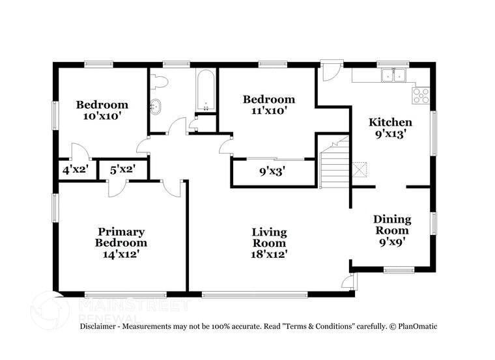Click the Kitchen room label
click(390, 122)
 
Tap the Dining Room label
click(391, 225)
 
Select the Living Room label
click(269, 238)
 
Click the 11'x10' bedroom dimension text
click(269, 111)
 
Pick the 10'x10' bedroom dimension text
click(102, 116)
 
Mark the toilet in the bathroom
click(158, 81)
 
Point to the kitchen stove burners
click(421, 96)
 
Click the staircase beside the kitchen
click(335, 166)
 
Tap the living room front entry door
click(350, 282)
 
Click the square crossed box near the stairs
click(360, 169)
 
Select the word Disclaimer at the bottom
click(98, 325)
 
